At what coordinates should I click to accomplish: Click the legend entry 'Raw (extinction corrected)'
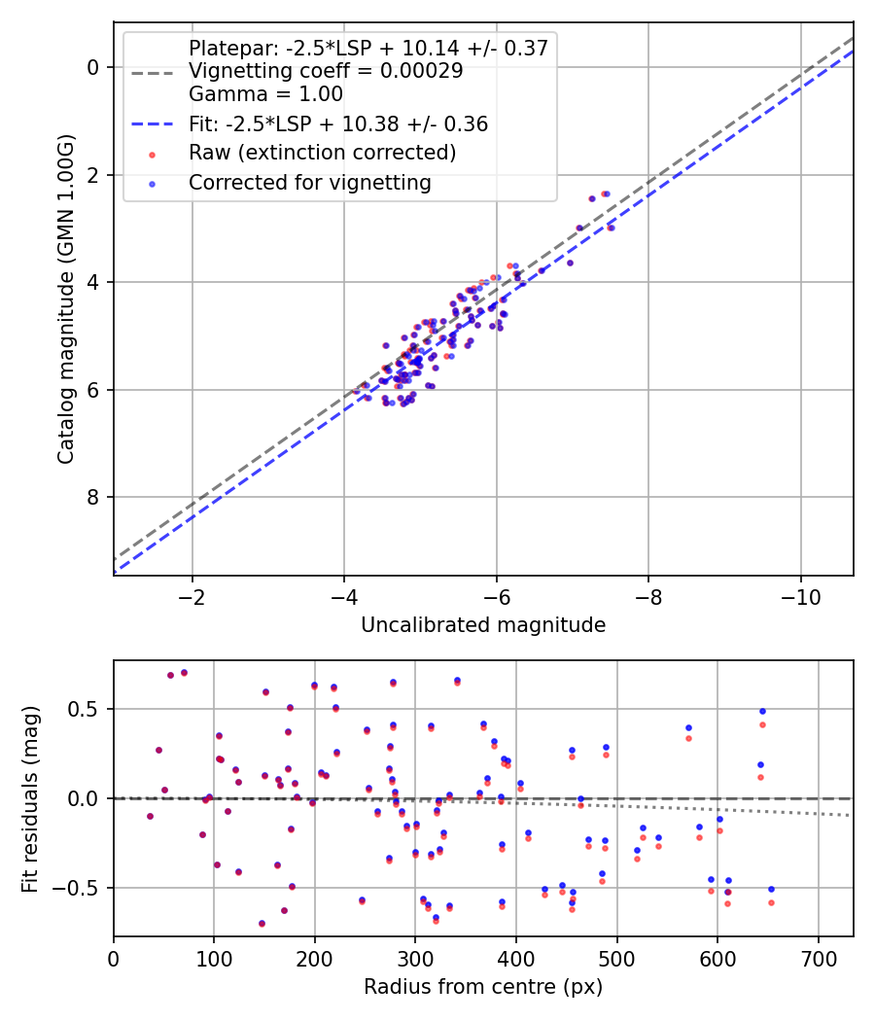pos(322,153)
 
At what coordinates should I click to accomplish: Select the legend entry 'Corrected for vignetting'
pos(310,182)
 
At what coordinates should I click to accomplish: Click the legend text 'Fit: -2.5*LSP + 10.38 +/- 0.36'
pos(338,123)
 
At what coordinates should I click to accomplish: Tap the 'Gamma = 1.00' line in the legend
pos(265,94)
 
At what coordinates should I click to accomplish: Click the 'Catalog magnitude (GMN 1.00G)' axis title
pos(65,299)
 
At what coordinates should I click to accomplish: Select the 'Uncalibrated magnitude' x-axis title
pos(483,625)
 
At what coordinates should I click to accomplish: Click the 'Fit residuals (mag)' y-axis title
pos(29,798)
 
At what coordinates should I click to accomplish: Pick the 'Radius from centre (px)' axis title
pos(483,987)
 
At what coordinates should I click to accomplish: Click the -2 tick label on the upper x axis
pos(192,594)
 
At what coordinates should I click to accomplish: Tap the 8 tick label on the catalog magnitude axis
pos(94,498)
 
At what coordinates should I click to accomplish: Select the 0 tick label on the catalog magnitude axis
pos(94,67)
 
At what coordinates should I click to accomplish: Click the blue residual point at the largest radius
pos(771,889)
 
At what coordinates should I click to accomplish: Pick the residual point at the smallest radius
pos(150,816)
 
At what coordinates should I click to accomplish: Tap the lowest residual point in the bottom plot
pos(262,923)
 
